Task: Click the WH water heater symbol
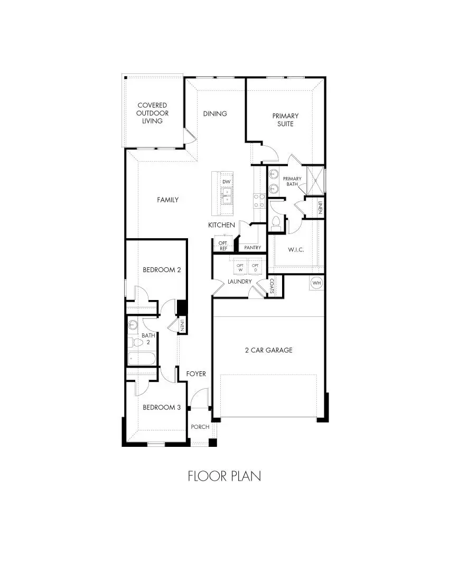pyautogui.click(x=316, y=283)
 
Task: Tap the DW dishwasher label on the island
pyautogui.click(x=227, y=182)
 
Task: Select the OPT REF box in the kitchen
pyautogui.click(x=223, y=246)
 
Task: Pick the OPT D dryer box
pyautogui.click(x=256, y=267)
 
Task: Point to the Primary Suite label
pyautogui.click(x=285, y=119)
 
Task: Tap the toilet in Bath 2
pyautogui.click(x=136, y=343)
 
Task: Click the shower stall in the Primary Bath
pyautogui.click(x=316, y=179)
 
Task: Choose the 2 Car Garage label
pyautogui.click(x=268, y=350)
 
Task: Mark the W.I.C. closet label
pyautogui.click(x=296, y=250)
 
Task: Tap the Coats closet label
pyautogui.click(x=272, y=287)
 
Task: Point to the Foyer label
pyautogui.click(x=196, y=374)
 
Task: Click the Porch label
pyautogui.click(x=200, y=427)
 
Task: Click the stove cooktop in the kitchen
pyautogui.click(x=259, y=201)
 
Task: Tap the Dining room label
pyautogui.click(x=215, y=114)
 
